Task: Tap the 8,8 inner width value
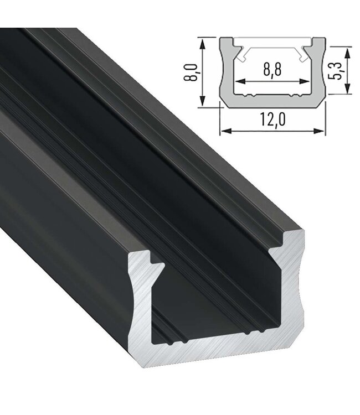pyautogui.click(x=272, y=70)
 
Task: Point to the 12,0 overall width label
pyautogui.click(x=273, y=120)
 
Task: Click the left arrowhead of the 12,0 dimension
pyautogui.click(x=225, y=131)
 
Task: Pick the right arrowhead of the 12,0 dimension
pyautogui.click(x=319, y=131)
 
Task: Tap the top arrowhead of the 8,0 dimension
pyautogui.click(x=203, y=44)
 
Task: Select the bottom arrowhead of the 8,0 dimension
pyautogui.click(x=203, y=100)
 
